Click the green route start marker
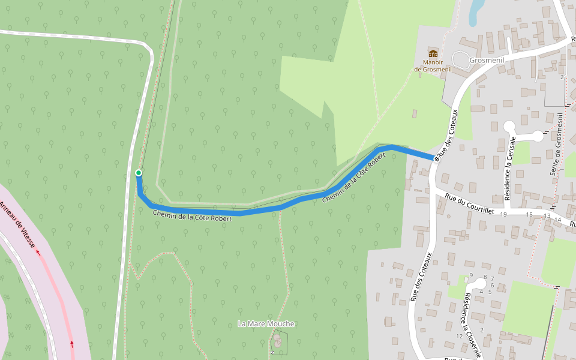[x=139, y=173]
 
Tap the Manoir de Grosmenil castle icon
[x=433, y=53]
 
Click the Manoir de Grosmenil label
[x=433, y=65]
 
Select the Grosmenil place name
[x=486, y=61]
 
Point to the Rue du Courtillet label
[x=469, y=202]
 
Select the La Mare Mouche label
[x=266, y=324]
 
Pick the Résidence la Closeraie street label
[x=472, y=325]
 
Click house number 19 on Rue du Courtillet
[x=503, y=214]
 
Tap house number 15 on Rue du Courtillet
[x=529, y=214]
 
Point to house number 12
[x=460, y=336]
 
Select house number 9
[x=471, y=275]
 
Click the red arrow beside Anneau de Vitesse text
[x=38, y=253]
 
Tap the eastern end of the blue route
[x=433, y=158]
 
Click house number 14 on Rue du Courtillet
[x=558, y=220]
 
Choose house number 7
[x=492, y=278]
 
